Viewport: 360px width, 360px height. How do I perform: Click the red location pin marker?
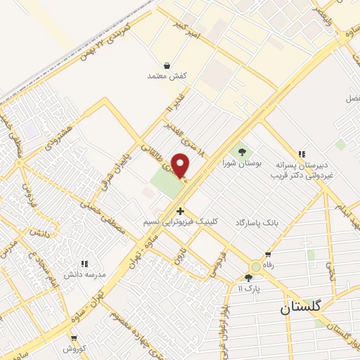181,165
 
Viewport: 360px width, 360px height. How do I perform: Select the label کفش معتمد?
165,75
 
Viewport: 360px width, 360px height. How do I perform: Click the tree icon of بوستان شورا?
242,151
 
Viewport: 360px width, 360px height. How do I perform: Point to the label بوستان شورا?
242,162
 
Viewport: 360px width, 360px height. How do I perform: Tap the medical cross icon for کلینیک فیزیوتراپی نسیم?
181,210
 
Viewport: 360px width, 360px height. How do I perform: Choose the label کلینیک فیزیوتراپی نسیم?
181,221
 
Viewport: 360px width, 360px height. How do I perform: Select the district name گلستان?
300,307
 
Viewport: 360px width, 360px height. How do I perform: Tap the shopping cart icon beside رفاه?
267,255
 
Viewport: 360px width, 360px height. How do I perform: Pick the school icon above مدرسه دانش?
84,263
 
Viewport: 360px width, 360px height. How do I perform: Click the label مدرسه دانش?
84,274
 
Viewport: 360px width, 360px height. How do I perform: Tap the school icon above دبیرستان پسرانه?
302,154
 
